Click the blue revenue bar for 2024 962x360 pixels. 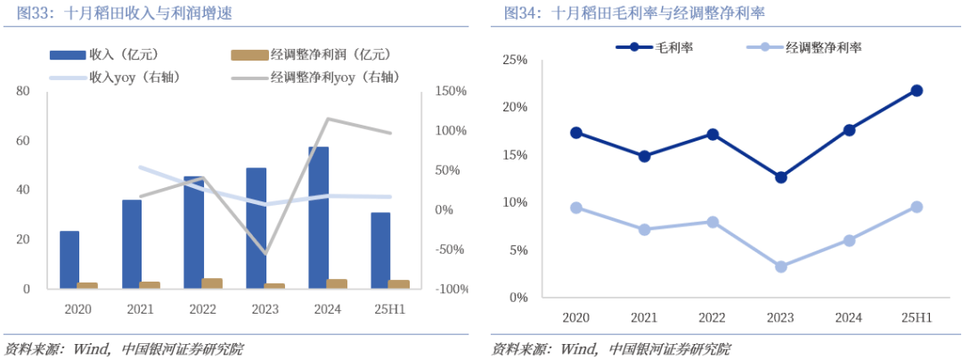(x=319, y=217)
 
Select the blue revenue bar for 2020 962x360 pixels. (x=69, y=259)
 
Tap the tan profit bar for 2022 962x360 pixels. (x=212, y=283)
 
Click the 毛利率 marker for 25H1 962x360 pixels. (x=917, y=90)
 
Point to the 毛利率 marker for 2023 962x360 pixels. (x=781, y=177)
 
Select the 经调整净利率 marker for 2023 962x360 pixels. (x=781, y=266)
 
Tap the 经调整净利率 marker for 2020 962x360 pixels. (x=576, y=208)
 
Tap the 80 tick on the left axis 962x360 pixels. (x=23, y=91)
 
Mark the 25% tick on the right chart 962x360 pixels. (x=516, y=60)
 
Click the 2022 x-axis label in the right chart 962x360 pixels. (x=712, y=317)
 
